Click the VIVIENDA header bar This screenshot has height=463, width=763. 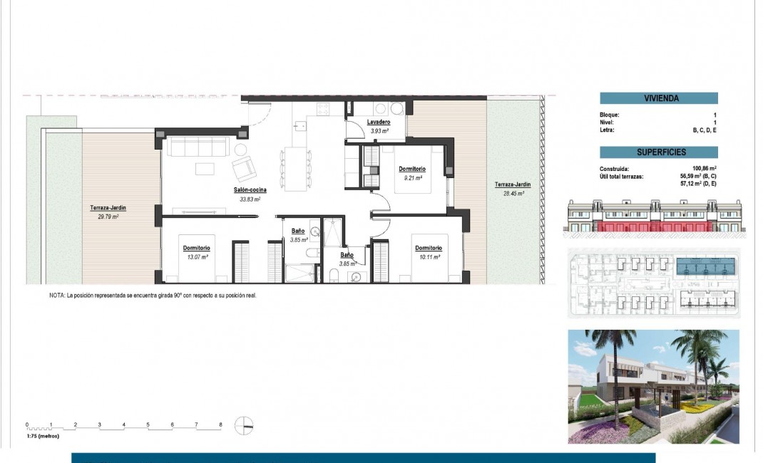click(658, 99)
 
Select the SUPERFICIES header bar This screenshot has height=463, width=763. click(658, 152)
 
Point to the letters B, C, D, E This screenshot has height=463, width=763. click(705, 130)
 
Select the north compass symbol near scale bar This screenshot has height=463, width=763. click(244, 425)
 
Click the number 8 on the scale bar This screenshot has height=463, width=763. click(220, 425)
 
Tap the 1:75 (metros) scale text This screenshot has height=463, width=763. click(43, 435)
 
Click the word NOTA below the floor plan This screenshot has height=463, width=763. click(56, 294)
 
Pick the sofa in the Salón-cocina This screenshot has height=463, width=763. click(196, 147)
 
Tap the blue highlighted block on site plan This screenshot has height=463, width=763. click(706, 266)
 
